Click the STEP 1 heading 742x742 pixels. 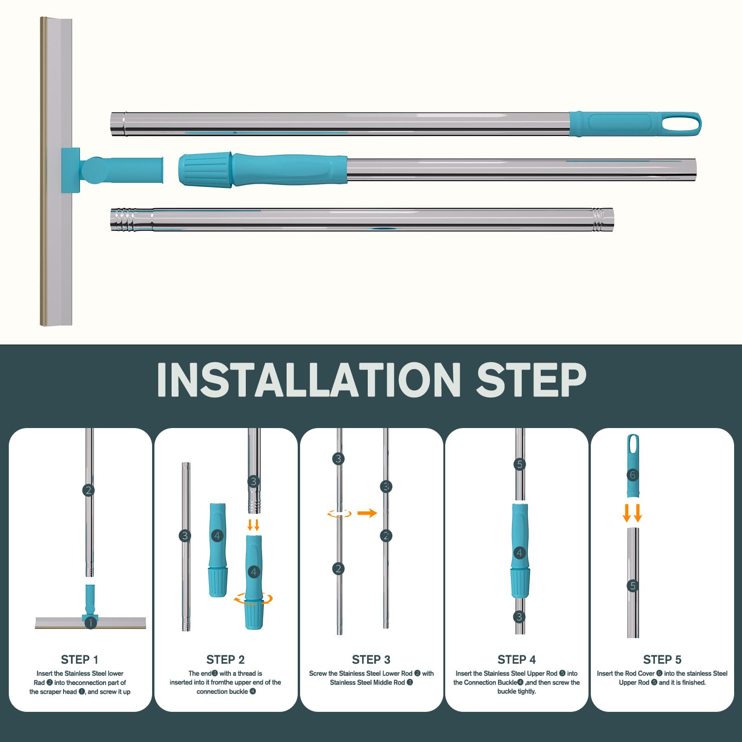(x=80, y=659)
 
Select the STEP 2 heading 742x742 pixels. (x=225, y=659)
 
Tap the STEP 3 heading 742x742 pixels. (x=371, y=659)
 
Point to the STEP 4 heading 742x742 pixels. (x=517, y=659)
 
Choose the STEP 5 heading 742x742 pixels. (x=662, y=659)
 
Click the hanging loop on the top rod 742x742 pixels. (x=681, y=124)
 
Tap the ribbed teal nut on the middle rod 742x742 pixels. (x=205, y=170)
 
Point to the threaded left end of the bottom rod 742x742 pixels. (x=124, y=220)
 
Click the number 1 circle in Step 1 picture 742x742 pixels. (x=91, y=623)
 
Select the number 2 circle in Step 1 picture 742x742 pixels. (x=89, y=490)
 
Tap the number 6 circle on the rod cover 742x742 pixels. (x=633, y=475)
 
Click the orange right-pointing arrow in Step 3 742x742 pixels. (x=367, y=513)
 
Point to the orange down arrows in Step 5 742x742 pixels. (x=633, y=513)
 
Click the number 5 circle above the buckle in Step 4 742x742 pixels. (x=520, y=464)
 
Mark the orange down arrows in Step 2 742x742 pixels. (x=253, y=525)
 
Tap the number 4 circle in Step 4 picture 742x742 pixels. (x=519, y=553)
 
